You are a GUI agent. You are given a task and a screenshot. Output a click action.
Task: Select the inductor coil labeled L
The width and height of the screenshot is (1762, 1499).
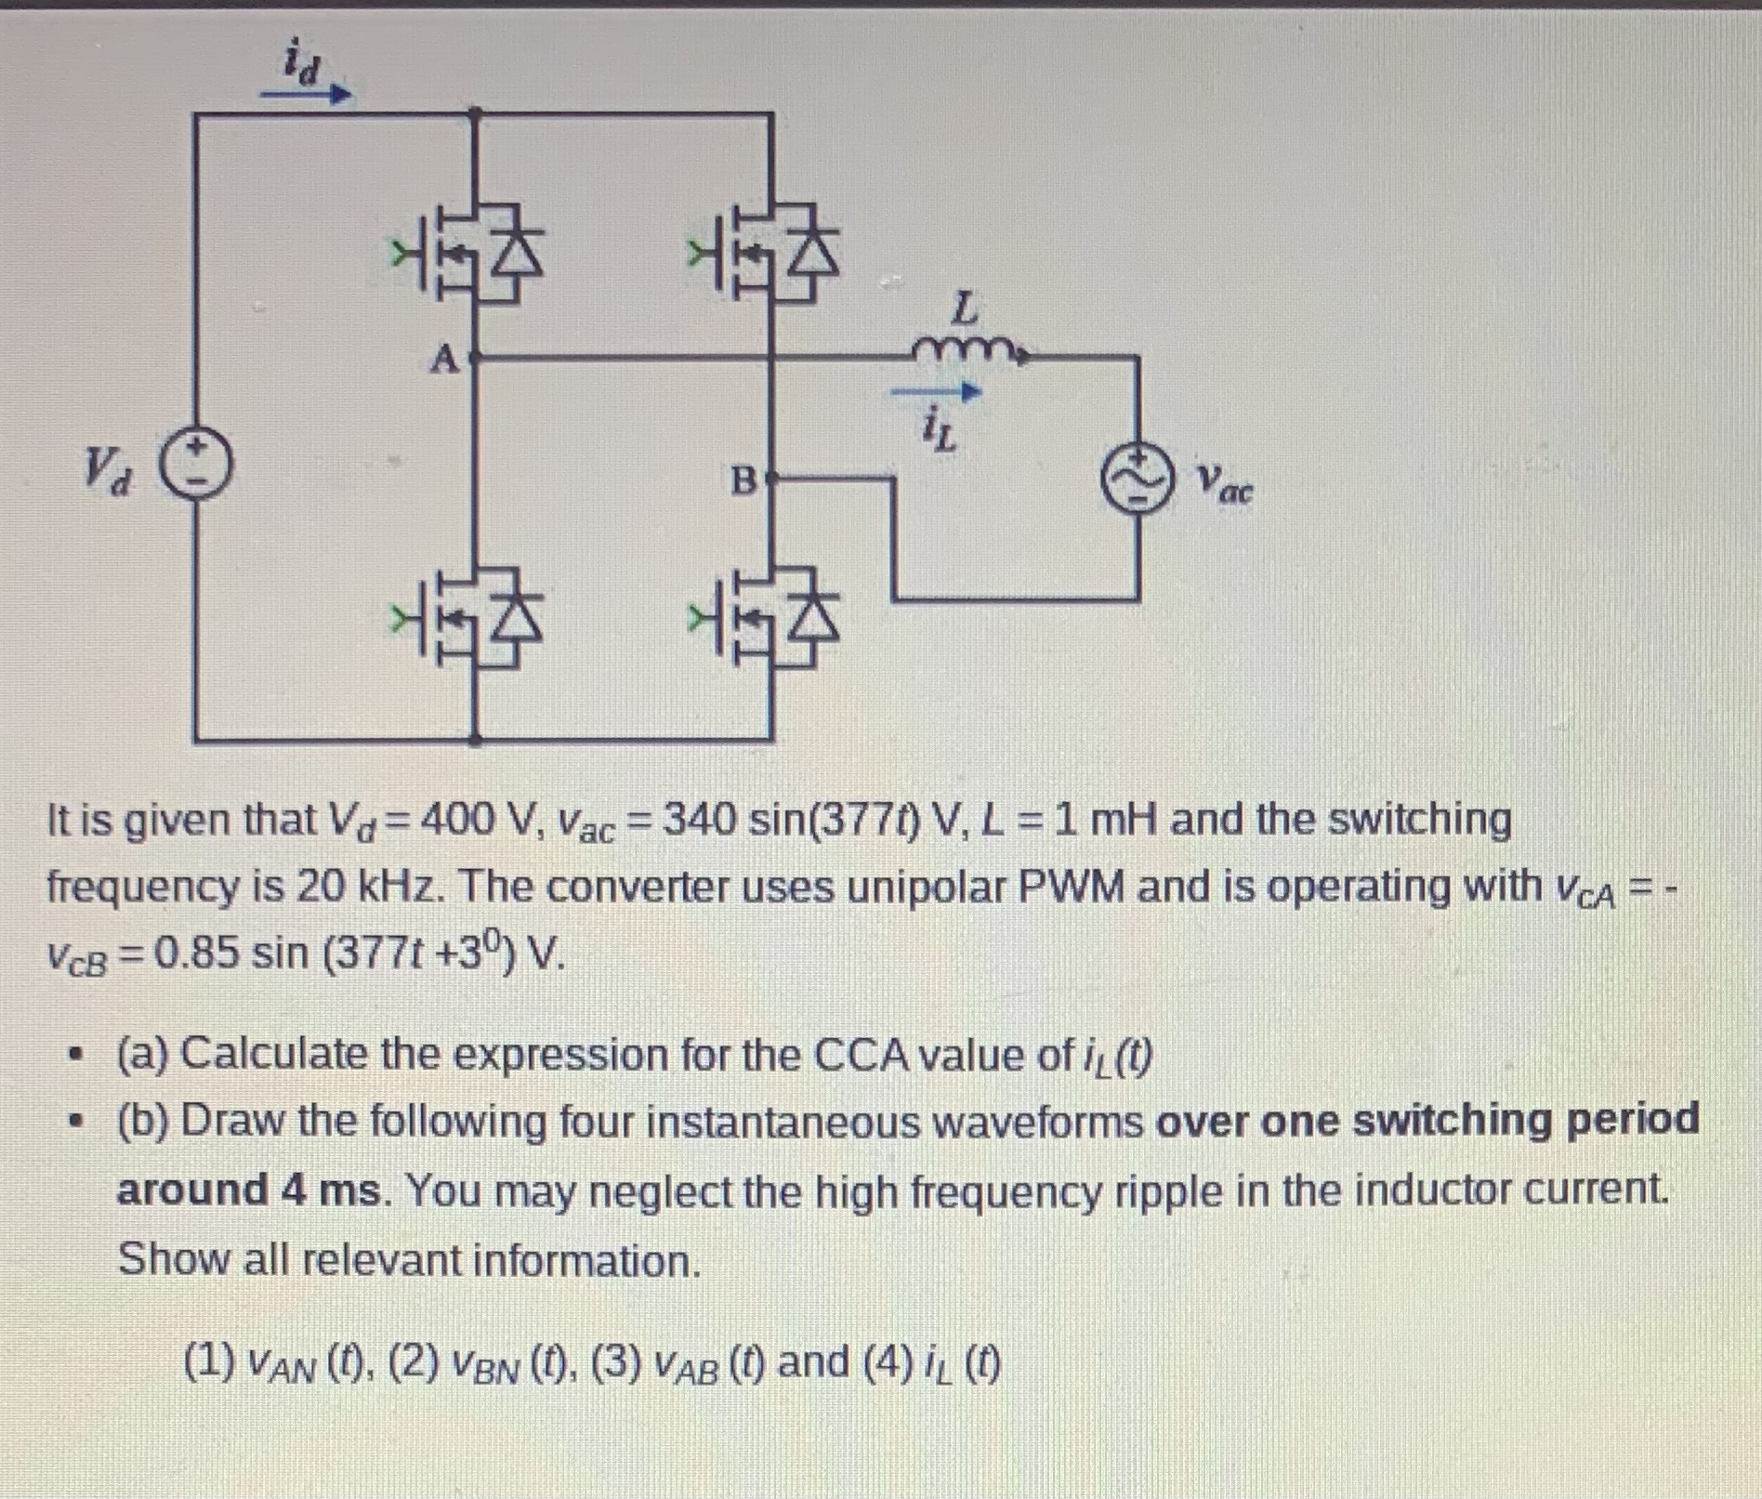pyautogui.click(x=966, y=350)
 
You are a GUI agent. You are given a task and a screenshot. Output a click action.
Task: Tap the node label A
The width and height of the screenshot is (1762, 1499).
pyautogui.click(x=445, y=358)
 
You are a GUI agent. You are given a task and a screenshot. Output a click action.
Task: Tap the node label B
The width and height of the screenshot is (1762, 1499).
pyautogui.click(x=743, y=480)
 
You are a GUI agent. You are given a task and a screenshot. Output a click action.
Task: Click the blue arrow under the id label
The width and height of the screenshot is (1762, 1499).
pyautogui.click(x=306, y=94)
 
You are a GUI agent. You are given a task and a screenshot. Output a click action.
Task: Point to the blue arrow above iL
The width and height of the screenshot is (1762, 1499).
pyautogui.click(x=936, y=393)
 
